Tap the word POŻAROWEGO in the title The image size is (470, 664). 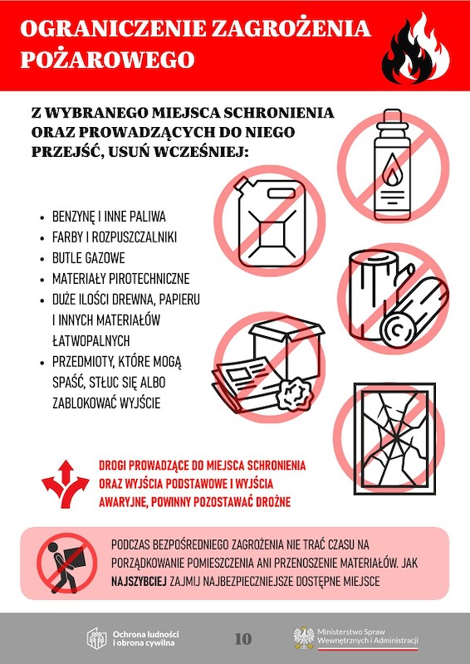pos(107,60)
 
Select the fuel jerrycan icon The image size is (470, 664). pos(272,222)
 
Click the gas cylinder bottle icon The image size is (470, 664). pos(392,164)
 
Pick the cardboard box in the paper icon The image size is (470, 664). pos(287,345)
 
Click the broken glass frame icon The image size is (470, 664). pos(394,439)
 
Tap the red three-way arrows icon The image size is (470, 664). pos(66,483)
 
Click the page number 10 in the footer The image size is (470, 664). pos(242,638)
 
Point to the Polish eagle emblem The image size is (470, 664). pos(303,637)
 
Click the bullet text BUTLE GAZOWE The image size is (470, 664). pos(89,258)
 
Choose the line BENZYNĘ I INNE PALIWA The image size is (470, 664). pos(109,217)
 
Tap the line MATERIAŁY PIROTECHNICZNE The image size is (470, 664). pos(120,279)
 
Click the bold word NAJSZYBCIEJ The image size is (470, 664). pos(139,582)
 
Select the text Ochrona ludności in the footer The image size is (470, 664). pos(145,634)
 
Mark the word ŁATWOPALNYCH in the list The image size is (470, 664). pos(91,341)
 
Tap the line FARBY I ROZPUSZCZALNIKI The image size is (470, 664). pos(115,237)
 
